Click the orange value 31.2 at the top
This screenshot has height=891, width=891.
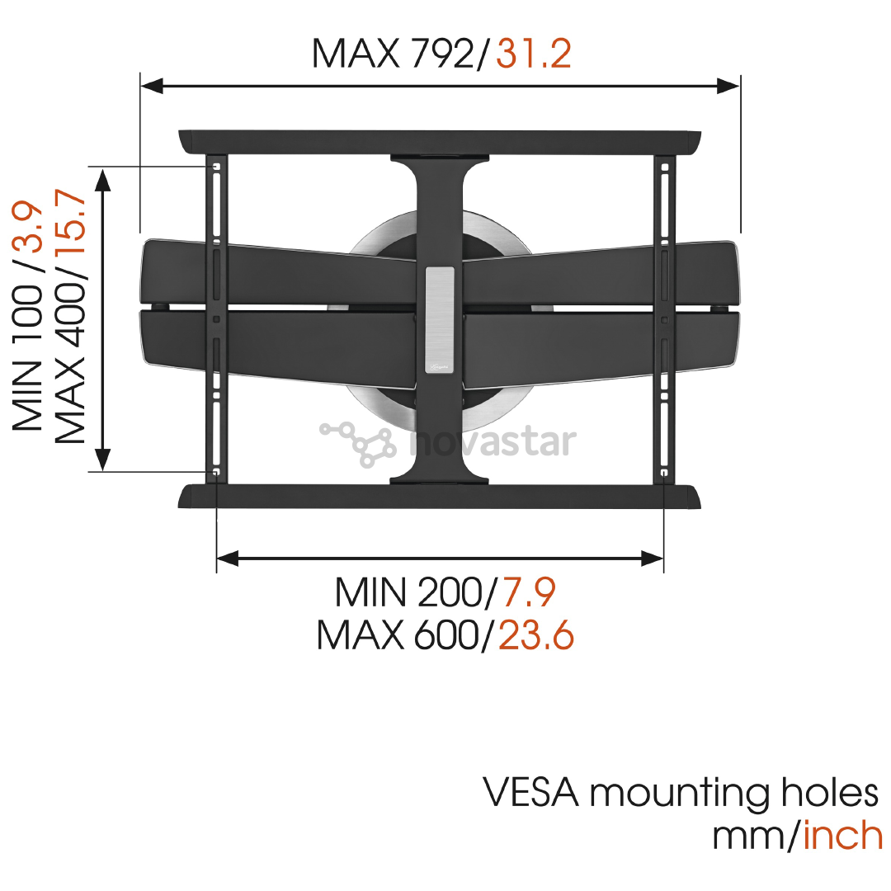click(534, 54)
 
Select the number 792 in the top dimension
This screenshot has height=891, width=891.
click(443, 54)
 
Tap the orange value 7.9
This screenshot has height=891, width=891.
click(528, 592)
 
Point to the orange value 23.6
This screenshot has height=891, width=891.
click(536, 634)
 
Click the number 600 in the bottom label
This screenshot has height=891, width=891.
click(446, 634)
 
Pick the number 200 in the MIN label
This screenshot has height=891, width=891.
click(450, 592)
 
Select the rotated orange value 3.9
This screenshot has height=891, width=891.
click(27, 227)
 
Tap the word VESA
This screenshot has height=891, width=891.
click(530, 792)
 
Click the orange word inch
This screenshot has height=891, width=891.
click(843, 835)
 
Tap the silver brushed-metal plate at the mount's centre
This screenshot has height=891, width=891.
click(440, 320)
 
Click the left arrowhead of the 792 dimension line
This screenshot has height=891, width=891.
click(152, 87)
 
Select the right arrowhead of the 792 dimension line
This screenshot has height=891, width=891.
click(728, 87)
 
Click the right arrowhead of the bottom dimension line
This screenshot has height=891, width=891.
click(653, 559)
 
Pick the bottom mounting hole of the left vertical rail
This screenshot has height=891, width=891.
click(215, 472)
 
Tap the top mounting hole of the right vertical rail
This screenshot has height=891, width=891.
click(664, 167)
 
